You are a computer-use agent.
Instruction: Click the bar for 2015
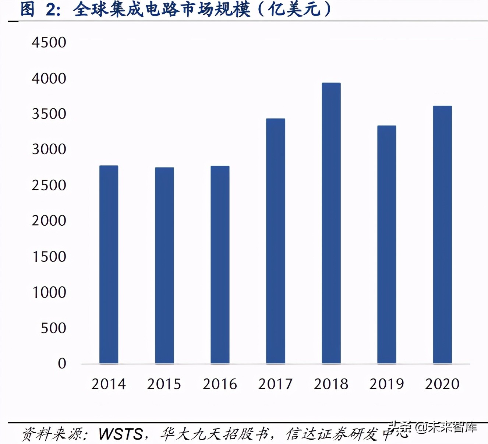[x=164, y=265]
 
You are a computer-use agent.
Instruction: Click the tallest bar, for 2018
[x=331, y=223]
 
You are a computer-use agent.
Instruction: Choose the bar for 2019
[x=386, y=244]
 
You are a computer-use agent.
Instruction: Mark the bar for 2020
[x=442, y=235]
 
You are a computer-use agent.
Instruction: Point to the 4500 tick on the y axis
[x=49, y=43]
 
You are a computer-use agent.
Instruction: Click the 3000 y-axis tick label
[x=49, y=149]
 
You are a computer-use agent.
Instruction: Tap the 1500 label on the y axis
[x=49, y=257]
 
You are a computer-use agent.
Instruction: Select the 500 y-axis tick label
[x=53, y=328]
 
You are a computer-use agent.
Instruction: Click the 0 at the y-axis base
[x=62, y=364]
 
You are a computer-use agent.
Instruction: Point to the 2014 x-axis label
[x=109, y=384]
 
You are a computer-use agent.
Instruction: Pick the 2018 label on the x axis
[x=331, y=384]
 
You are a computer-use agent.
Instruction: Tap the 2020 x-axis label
[x=442, y=384]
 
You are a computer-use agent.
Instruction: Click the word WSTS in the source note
[x=121, y=434]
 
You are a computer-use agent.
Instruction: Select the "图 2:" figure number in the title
[x=40, y=10]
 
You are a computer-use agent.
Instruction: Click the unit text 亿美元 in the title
[x=294, y=10]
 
